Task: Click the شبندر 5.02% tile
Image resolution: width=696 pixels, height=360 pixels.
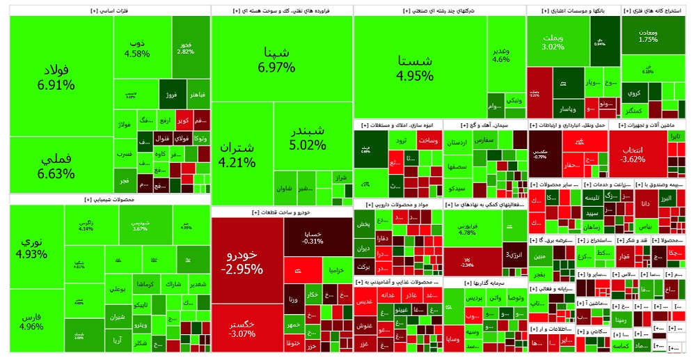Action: point(307,137)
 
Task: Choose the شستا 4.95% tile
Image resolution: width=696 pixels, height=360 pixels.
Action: point(414,68)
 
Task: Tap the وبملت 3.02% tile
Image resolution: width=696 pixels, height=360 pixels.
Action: point(553,41)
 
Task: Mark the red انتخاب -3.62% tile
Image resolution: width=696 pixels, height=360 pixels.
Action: point(631,155)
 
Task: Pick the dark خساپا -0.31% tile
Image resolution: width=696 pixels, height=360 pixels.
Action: point(313,237)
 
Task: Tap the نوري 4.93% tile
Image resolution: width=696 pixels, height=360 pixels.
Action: point(35,247)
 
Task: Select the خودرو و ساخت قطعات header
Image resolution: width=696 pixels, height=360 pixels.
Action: point(282,212)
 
